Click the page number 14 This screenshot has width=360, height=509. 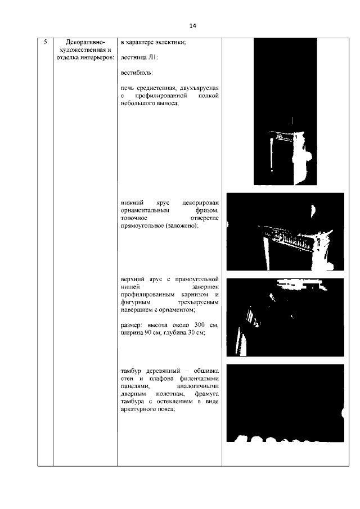192,26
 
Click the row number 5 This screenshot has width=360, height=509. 46,42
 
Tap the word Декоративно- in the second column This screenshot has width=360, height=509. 85,43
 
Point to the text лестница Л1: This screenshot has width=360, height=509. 139,58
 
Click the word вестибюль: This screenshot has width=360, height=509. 137,73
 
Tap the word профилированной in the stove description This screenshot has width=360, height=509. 161,96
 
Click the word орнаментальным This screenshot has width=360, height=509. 145,210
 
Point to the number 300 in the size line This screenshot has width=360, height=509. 199,325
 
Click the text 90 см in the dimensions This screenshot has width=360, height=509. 152,333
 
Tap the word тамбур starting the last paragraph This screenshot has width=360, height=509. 132,371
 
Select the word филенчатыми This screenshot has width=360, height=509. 199,379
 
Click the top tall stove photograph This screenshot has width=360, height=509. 285,111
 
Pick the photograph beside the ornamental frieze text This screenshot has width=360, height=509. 285,232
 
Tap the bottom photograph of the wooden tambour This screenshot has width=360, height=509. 285,403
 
